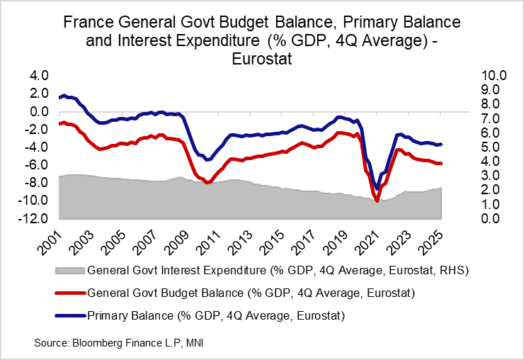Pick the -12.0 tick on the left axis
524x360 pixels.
pos(34,218)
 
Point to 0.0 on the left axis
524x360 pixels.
pos(37,111)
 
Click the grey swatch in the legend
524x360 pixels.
pos(68,271)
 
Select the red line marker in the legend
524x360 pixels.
pos(68,293)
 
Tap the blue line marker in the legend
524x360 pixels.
pos(68,315)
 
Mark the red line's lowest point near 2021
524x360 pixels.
pos(377,201)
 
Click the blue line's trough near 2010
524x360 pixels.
pos(207,160)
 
